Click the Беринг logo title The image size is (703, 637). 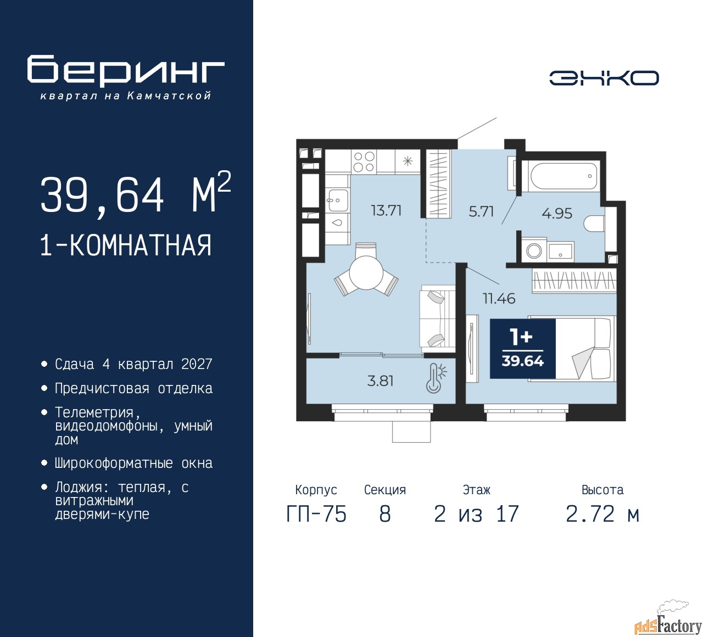coord(126,70)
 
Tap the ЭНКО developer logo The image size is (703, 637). coord(604,78)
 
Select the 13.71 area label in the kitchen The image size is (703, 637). coord(386,210)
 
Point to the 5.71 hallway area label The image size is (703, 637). coord(481,211)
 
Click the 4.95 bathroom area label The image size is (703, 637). coord(557,213)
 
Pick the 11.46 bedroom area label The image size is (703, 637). coord(499,299)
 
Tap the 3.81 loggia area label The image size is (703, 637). coord(380,381)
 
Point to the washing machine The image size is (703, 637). coord(534,250)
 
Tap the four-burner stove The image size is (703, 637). coord(364,161)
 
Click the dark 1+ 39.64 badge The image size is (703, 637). coord(522,349)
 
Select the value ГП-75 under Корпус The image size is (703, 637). coord(316,515)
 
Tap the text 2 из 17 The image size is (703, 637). coord(476,515)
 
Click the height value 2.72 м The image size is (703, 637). coord(602,515)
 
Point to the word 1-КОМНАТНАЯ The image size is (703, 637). coord(126,245)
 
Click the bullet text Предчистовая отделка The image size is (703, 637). coord(133,389)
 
